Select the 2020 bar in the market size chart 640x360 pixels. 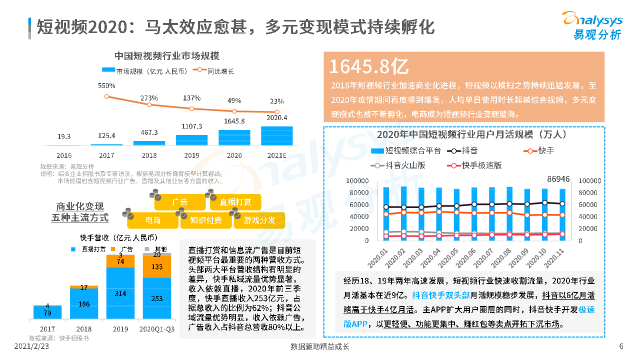coord(234,137)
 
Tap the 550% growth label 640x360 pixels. coord(106,86)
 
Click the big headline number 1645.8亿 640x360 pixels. coord(369,66)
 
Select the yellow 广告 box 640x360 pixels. coord(179,202)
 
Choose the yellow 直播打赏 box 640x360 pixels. coord(235,202)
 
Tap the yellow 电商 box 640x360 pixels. coord(152,220)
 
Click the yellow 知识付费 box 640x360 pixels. coord(205,220)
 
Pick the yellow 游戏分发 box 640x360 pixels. coord(259,220)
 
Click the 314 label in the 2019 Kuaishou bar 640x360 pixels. coord(120,293)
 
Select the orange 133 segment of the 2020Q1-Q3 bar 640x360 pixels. coord(157,267)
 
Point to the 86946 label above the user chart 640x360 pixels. coord(558,178)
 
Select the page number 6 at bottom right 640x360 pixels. coord(621,346)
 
